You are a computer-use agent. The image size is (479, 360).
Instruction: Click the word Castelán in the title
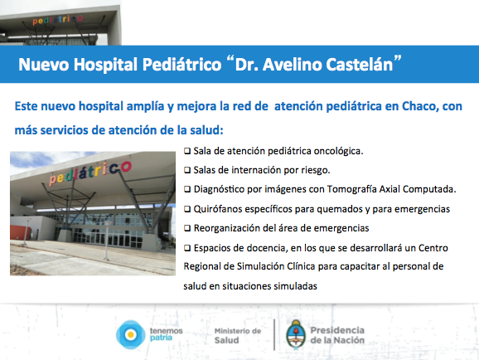tap(360, 65)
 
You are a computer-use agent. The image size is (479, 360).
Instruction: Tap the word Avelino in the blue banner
tap(292, 65)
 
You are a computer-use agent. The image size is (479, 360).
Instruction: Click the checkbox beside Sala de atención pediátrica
tap(187, 151)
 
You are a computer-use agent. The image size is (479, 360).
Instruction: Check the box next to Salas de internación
tap(187, 170)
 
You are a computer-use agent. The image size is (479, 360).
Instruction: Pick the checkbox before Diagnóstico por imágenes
tap(187, 189)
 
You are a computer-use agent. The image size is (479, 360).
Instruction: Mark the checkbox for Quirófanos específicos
tap(187, 209)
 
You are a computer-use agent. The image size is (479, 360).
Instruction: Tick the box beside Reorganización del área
tap(187, 228)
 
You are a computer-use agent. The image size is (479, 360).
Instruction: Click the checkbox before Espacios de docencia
tap(187, 248)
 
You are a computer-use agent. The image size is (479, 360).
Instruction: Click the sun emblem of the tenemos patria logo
tap(131, 334)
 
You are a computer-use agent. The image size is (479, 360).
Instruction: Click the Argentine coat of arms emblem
tap(296, 334)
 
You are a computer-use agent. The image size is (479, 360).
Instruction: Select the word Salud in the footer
tap(226, 340)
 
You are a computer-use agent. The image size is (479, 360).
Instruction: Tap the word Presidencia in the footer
tap(337, 330)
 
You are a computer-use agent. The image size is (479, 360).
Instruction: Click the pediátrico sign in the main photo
tap(90, 173)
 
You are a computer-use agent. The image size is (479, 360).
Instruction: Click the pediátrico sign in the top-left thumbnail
tap(58, 20)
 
